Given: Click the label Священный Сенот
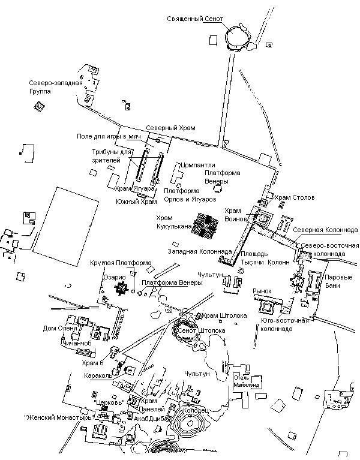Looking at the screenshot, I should tap(195, 19).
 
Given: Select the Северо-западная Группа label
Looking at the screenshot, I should tap(56, 87).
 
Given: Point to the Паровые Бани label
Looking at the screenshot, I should tap(338, 281).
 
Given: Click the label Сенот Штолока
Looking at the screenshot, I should tap(202, 330).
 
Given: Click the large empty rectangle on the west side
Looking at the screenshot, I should tap(65, 221).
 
